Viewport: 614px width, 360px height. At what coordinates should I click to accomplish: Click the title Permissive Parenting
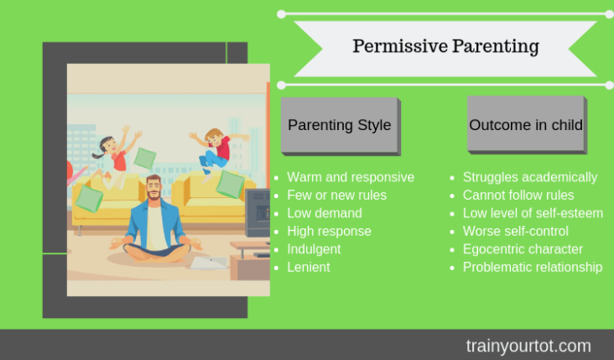(x=445, y=47)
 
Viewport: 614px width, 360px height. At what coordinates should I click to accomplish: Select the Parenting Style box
(x=341, y=126)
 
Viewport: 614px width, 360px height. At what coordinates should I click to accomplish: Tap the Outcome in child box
(x=527, y=125)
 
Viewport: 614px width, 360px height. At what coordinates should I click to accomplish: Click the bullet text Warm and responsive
(x=351, y=177)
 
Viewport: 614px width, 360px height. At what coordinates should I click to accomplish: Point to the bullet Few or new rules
(x=336, y=195)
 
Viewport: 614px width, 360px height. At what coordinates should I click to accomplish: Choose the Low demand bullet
(x=325, y=213)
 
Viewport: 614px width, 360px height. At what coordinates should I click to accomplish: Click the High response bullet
(x=329, y=231)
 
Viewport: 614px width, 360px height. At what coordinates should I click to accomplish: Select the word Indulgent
(x=314, y=249)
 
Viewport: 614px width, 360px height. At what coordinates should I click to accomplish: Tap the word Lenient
(x=309, y=267)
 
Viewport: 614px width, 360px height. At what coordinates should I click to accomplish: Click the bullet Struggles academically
(x=530, y=177)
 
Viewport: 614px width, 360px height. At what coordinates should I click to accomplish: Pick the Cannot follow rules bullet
(x=518, y=195)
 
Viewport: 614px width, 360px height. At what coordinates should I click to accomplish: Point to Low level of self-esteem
(x=533, y=213)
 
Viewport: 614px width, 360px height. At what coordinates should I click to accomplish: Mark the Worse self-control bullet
(x=515, y=231)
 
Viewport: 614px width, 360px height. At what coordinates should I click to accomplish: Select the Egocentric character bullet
(x=523, y=249)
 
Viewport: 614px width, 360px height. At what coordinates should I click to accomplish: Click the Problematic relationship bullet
(x=533, y=267)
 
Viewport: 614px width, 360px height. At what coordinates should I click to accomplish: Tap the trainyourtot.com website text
(x=528, y=346)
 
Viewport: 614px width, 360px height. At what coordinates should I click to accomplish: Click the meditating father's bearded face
(x=153, y=188)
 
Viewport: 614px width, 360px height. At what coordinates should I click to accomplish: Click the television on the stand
(x=258, y=212)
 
